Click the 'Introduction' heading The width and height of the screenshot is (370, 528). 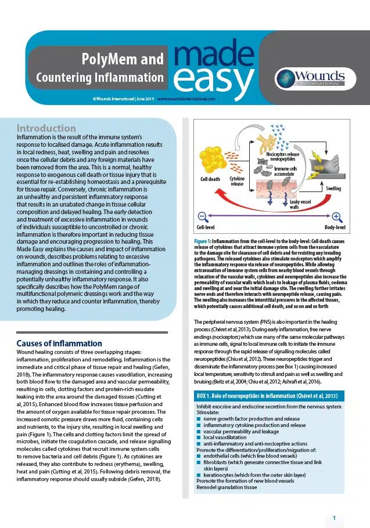pos(46,128)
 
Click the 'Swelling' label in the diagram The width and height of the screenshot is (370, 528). pos(333,189)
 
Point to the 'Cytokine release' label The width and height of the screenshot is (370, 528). pos(237,182)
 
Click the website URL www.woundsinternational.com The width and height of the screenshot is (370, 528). pos(186,99)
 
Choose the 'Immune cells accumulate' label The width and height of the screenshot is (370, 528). pos(286,171)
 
